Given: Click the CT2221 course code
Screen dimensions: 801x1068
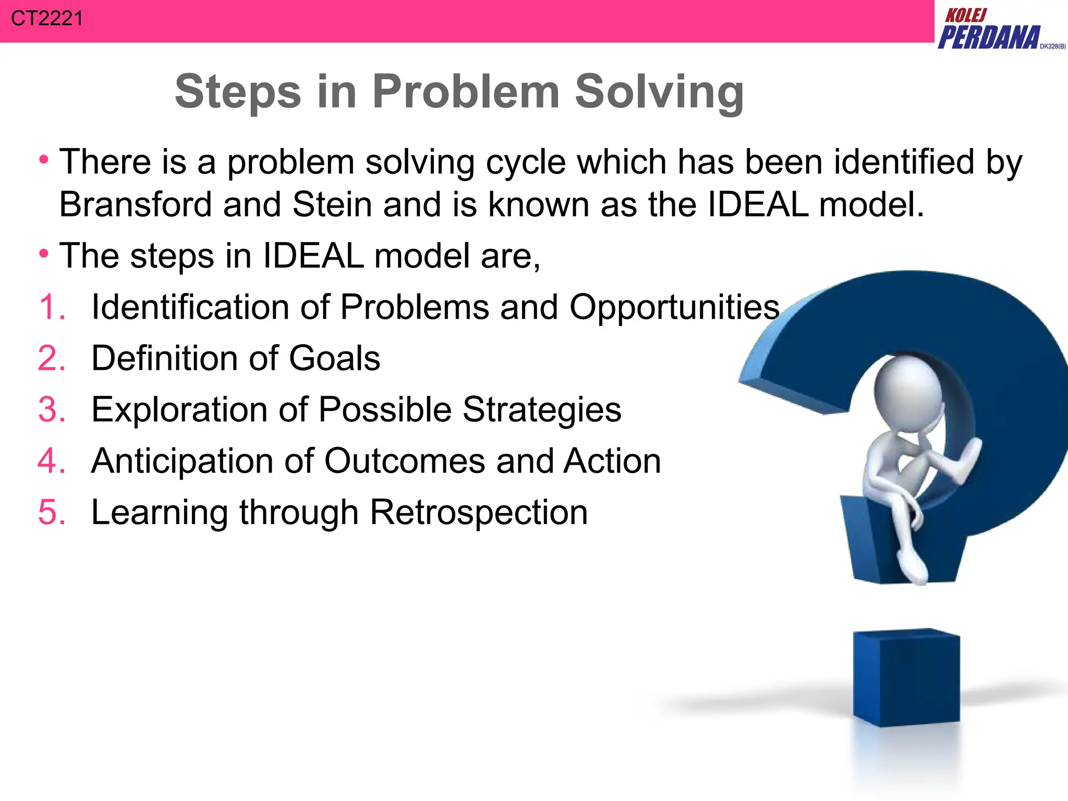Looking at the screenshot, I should click(46, 19).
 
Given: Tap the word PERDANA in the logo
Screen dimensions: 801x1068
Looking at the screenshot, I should click(988, 38).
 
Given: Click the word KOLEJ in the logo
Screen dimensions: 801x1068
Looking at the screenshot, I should click(966, 15).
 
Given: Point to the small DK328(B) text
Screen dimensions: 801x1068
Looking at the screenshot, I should click(1052, 46).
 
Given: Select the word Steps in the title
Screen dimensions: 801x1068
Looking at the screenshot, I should click(238, 92).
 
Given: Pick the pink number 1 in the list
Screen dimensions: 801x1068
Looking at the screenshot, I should click(51, 307).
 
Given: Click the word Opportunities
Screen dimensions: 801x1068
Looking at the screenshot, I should click(674, 308).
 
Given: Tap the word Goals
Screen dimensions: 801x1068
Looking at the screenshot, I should click(334, 358).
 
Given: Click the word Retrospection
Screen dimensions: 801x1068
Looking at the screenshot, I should click(478, 512).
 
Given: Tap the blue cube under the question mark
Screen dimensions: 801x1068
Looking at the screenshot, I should click(906, 678).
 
